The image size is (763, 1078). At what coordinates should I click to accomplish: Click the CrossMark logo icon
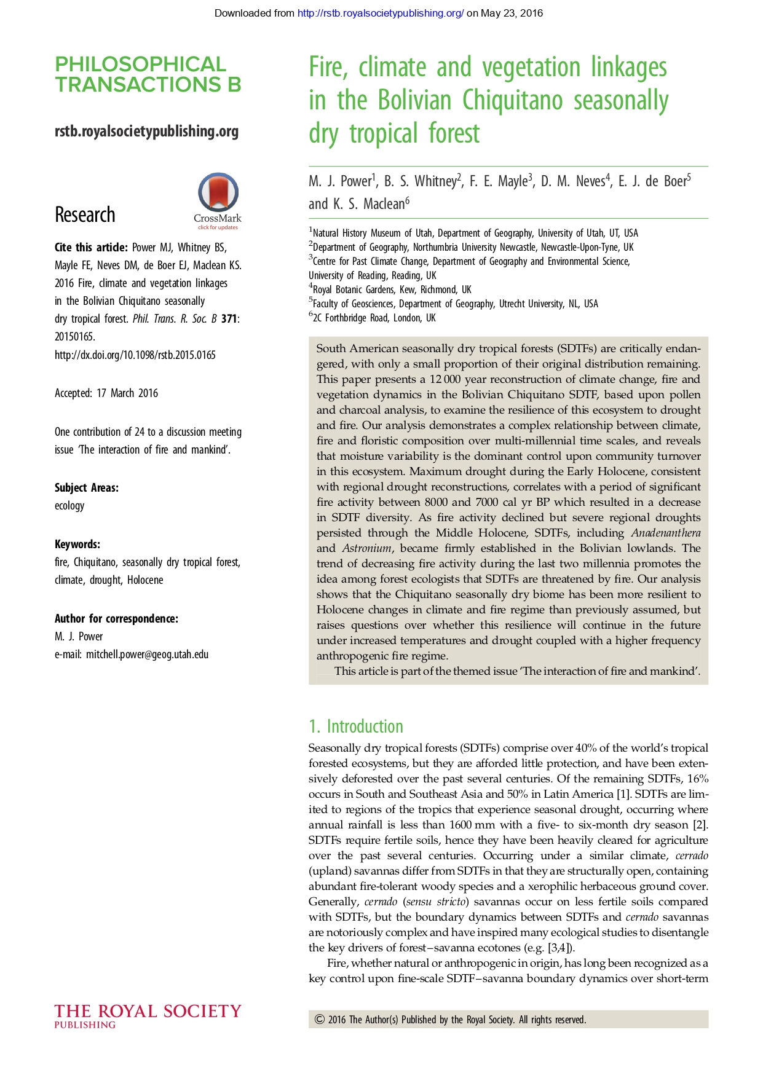tap(218, 193)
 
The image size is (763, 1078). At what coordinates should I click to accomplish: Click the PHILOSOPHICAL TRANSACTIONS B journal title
tap(148, 74)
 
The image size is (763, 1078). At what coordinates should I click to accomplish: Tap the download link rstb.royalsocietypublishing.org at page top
tap(380, 13)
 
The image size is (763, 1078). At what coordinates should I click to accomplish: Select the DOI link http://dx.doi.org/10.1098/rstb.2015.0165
tap(135, 355)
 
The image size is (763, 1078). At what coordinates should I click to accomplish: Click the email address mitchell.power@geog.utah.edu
tap(147, 655)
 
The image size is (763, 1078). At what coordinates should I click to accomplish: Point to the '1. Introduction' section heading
tap(356, 726)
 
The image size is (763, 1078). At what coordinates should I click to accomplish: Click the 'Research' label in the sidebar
tap(85, 215)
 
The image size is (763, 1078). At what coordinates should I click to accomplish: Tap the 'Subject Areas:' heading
tap(87, 488)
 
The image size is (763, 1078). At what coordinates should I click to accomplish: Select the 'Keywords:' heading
tap(77, 545)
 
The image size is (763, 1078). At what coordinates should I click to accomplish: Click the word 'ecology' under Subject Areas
tap(69, 506)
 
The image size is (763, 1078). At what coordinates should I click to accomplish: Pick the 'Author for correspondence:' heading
tap(116, 619)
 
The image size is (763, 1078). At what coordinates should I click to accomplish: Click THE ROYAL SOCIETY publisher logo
tap(148, 1015)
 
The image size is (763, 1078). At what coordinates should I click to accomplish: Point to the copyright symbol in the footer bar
tap(320, 1020)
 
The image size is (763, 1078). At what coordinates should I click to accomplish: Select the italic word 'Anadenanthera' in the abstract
tap(666, 533)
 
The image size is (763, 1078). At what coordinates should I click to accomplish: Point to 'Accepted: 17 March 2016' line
tap(106, 393)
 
